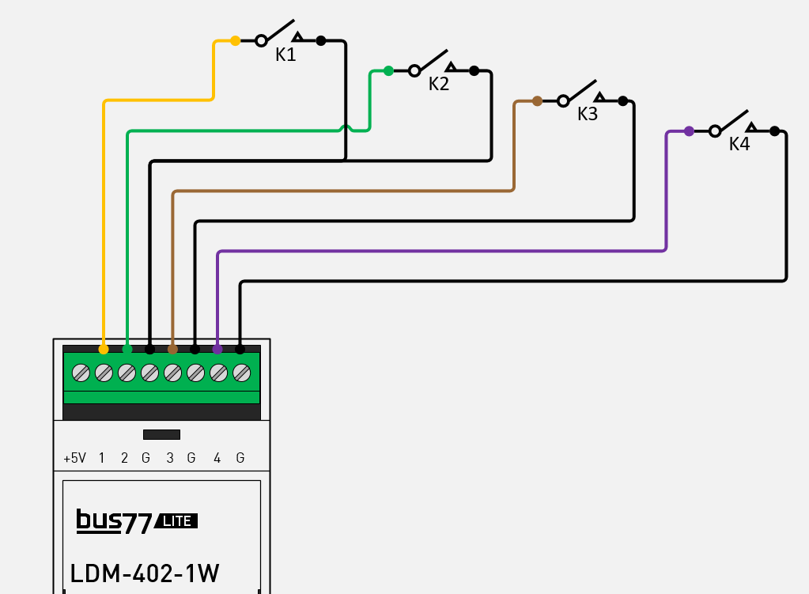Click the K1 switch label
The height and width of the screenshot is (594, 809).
[x=285, y=55]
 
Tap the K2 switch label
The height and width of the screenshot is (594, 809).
[x=439, y=85]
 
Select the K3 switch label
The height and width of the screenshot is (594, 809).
[x=588, y=114]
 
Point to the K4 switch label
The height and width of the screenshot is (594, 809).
[x=739, y=144]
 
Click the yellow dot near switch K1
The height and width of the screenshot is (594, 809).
[x=235, y=40]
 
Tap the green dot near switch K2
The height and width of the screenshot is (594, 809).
[x=388, y=70]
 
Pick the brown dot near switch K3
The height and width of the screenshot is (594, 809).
[x=537, y=100]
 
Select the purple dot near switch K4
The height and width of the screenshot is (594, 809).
[x=689, y=131]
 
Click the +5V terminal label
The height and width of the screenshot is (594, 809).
[x=74, y=458]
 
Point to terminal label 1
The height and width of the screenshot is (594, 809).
[x=102, y=458]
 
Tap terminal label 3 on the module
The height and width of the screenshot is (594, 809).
[x=169, y=458]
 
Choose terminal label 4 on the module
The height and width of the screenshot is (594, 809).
[x=217, y=458]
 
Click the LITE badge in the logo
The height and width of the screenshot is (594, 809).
[x=176, y=521]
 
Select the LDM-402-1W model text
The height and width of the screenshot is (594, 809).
[x=145, y=573]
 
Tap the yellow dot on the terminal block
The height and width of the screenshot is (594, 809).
[x=104, y=349]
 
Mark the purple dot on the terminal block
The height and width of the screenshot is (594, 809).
[x=217, y=349]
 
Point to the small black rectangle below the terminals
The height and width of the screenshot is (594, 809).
[x=161, y=434]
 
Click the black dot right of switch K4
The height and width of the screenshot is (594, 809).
[x=774, y=131]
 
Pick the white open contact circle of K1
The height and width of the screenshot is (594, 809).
[x=261, y=41]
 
